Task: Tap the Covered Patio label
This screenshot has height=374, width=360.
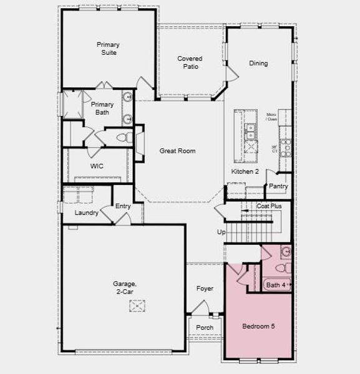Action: point(190,62)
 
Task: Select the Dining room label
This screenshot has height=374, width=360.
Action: point(258,63)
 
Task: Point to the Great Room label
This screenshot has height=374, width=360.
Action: point(177,151)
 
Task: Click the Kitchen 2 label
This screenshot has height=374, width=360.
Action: point(245,171)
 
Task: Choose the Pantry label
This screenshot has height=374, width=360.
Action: point(278,186)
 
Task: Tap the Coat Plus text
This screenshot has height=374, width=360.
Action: point(269,206)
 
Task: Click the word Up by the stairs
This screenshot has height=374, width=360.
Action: point(221,232)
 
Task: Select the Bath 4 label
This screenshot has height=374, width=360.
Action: point(275,285)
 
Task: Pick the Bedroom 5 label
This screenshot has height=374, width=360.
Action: point(258,326)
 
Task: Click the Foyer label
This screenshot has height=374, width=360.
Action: point(205,289)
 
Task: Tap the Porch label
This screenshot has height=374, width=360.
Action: point(205,327)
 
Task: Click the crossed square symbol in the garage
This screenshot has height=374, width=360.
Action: point(137,305)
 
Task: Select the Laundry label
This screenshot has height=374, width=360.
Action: point(87,213)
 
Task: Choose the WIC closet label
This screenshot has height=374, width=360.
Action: point(97,166)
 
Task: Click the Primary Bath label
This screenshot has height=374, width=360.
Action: point(102,108)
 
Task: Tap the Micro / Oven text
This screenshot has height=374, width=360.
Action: point(271,117)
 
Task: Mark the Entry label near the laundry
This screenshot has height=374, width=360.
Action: point(123,206)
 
